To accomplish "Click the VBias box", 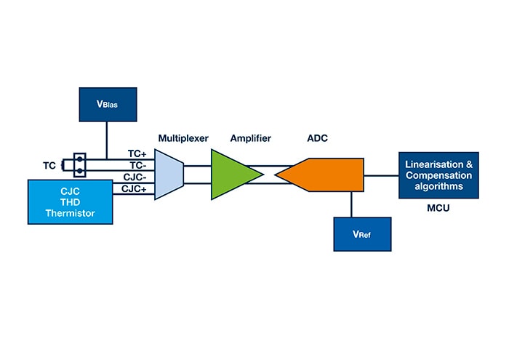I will [107, 104].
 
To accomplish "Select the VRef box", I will [361, 235].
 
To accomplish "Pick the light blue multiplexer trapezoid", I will [169, 175].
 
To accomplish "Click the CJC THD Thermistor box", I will [71, 201].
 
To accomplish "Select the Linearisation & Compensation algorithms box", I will [438, 175].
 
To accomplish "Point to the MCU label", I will [438, 208].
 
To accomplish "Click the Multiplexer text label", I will [183, 137].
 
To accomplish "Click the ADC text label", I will [319, 137].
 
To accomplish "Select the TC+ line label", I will [137, 154].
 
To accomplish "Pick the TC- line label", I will [137, 165].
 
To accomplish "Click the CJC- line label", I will [136, 177].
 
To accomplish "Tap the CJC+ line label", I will [136, 188].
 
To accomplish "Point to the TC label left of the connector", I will [49, 165].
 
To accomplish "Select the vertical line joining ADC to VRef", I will [351, 204].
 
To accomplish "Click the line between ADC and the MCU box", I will [380, 175].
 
